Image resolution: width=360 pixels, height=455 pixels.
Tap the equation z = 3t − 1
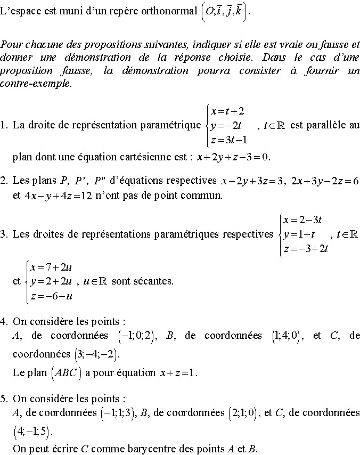(229, 140)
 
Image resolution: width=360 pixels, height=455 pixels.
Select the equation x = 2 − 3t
(304, 220)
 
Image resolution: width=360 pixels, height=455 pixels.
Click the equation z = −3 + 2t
(306, 249)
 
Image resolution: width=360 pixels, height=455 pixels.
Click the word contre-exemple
(36, 84)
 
